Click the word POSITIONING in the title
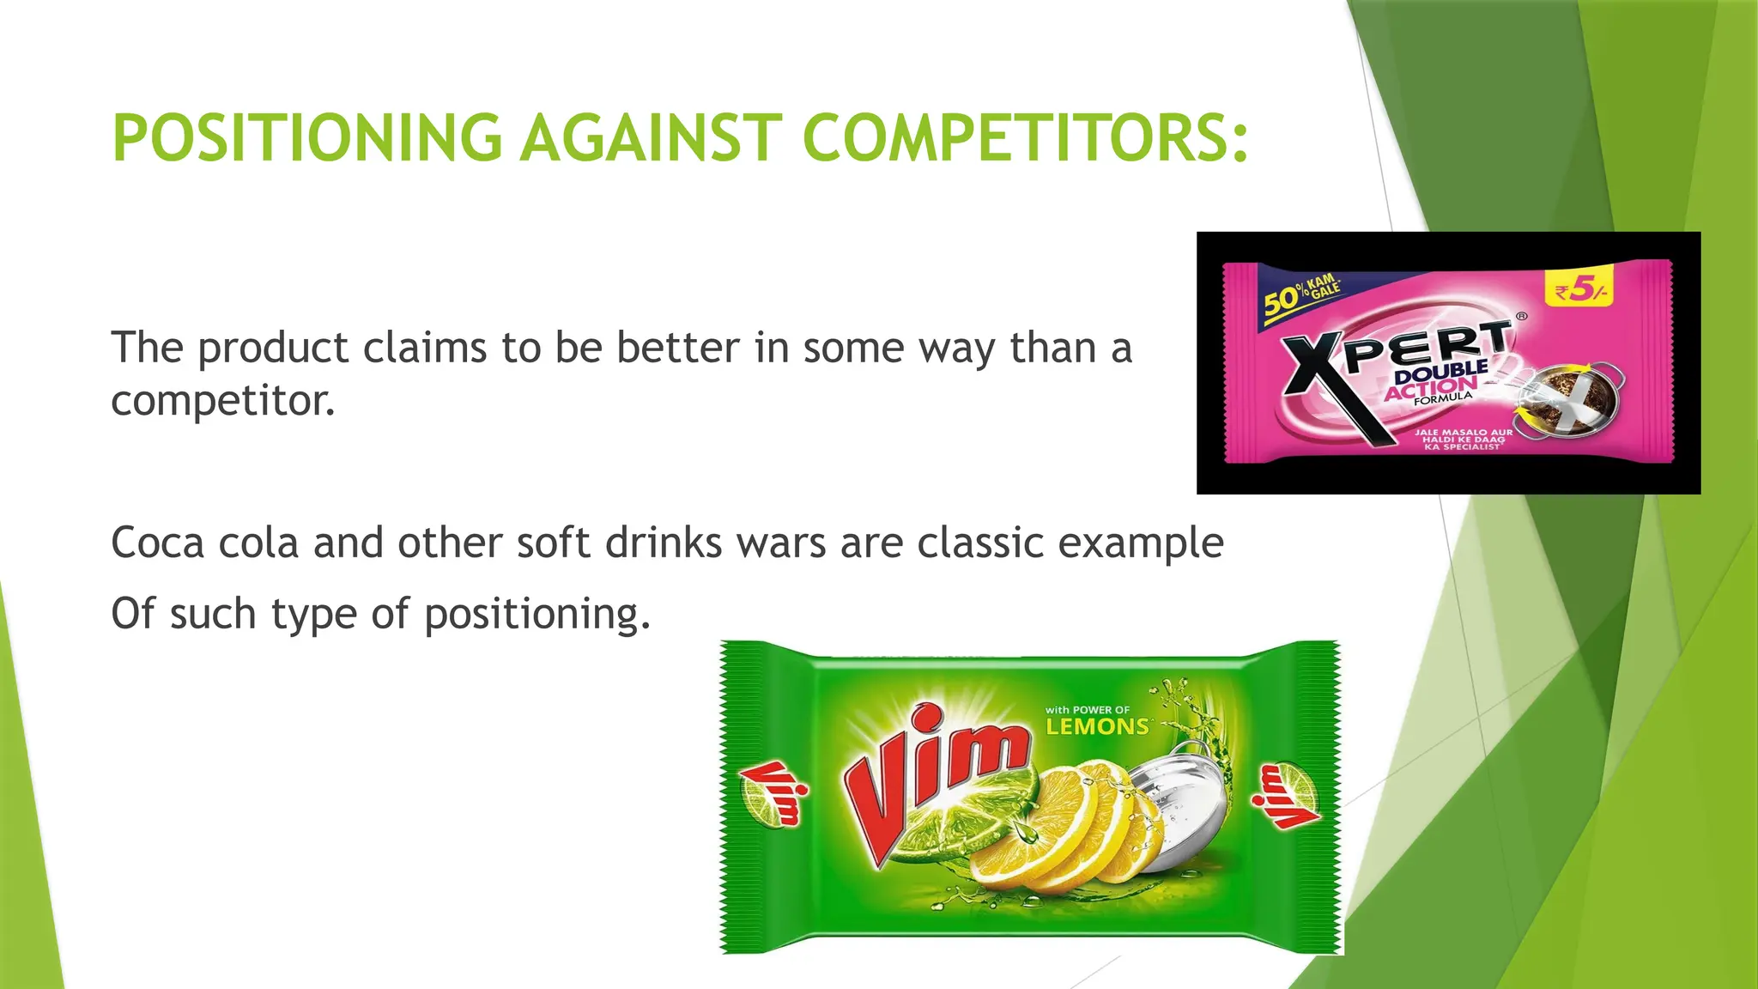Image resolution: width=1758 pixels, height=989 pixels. (306, 138)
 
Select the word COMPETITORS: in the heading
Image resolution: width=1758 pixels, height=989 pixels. (1025, 138)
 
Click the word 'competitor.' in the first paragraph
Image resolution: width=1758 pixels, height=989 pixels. (223, 401)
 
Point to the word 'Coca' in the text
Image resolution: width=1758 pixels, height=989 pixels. (157, 543)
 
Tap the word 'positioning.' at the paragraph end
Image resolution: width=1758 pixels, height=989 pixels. (537, 615)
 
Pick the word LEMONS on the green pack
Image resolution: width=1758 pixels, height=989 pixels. (1097, 727)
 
